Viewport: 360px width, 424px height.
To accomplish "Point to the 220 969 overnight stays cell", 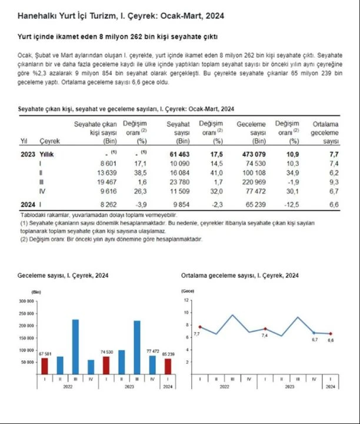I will (254, 183).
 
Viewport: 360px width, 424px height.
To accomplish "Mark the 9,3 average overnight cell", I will (334, 183).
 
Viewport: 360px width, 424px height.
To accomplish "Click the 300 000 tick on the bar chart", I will (27, 300).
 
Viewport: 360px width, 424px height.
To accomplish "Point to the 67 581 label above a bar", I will (45, 353).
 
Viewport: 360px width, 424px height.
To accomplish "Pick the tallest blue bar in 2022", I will (75, 347).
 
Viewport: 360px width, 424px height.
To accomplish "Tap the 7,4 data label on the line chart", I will (264, 335).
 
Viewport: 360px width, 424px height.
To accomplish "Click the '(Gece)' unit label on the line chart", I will (188, 291).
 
